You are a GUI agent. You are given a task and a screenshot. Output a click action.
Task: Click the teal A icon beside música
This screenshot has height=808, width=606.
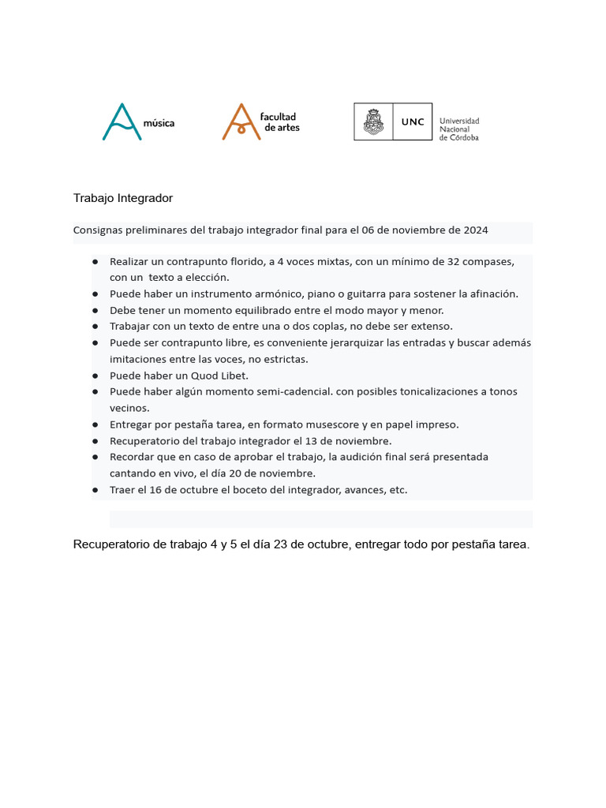122,122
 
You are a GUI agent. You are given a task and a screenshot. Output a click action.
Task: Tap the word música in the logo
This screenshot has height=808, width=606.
159,123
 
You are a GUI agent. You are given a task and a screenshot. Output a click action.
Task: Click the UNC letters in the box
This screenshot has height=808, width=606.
412,122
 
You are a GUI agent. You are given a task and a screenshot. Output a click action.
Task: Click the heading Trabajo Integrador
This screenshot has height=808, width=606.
122,197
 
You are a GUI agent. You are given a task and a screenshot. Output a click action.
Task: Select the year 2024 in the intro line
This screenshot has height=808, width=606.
475,230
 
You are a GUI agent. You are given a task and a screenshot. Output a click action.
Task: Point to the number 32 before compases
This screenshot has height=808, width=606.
450,261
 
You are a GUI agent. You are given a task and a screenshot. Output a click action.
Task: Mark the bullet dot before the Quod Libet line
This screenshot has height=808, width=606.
95,376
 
